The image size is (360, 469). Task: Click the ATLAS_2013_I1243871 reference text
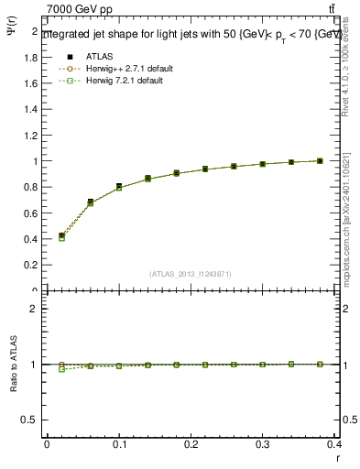coord(191,274)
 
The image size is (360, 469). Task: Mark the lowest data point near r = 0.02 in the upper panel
coord(61,237)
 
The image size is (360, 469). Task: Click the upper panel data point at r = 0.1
coord(119,187)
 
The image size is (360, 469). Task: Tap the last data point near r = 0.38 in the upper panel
coord(321,161)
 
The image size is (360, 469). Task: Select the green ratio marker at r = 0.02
coord(61,369)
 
